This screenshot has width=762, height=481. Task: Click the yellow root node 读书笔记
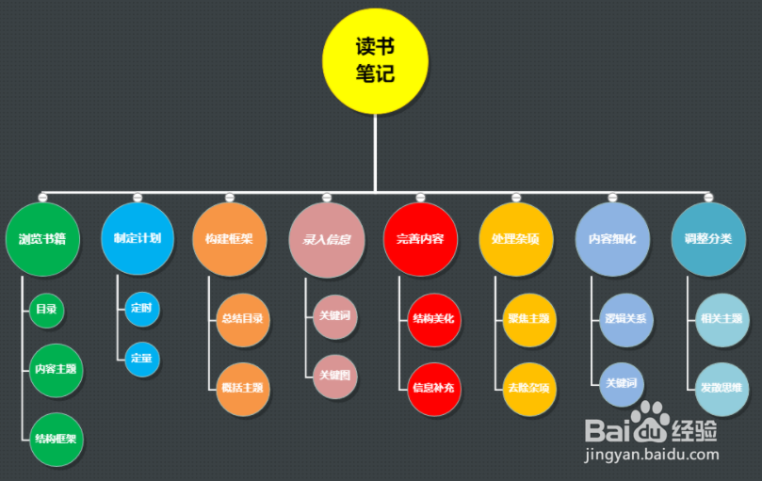click(x=375, y=60)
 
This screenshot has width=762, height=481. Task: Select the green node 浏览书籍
click(x=42, y=239)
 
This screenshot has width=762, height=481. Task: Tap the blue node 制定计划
click(x=138, y=239)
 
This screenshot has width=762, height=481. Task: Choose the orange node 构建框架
click(x=229, y=239)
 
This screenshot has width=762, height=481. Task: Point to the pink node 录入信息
click(x=326, y=239)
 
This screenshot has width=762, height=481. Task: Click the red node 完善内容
click(x=420, y=239)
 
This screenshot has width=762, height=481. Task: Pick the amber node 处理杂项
click(x=516, y=239)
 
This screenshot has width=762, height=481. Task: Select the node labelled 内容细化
click(x=612, y=239)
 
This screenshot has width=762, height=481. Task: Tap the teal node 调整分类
click(x=708, y=239)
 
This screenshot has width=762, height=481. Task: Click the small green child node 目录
click(x=47, y=310)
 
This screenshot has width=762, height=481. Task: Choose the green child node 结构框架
click(x=57, y=439)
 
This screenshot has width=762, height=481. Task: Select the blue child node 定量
click(x=142, y=359)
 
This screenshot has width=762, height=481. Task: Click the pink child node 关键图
click(x=335, y=376)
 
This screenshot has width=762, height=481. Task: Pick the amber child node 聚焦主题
click(x=529, y=319)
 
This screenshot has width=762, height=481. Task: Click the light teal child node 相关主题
click(x=721, y=319)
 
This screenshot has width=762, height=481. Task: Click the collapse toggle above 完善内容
click(x=420, y=197)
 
